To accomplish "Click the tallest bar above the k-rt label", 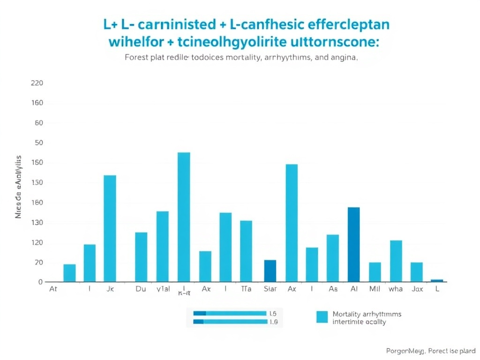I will point(184,217).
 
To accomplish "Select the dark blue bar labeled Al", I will point(353,244).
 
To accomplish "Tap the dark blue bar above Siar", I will point(270,271).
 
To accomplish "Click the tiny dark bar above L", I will point(437,280).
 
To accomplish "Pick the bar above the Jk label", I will point(110,228).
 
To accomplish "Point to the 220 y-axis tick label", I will point(37,83).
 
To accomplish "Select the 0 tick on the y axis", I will point(41,282).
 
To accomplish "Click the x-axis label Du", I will point(141,289).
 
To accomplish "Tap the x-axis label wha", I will point(396,289).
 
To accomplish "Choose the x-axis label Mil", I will point(375,289).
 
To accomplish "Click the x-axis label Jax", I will point(417,289).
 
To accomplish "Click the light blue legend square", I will point(322,317).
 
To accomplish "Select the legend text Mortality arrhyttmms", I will point(367,314).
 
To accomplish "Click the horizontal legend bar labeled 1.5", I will point(230,313).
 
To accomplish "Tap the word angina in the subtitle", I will point(345,59).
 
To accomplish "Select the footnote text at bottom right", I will point(430,351).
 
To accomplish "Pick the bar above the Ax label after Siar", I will point(292,223).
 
